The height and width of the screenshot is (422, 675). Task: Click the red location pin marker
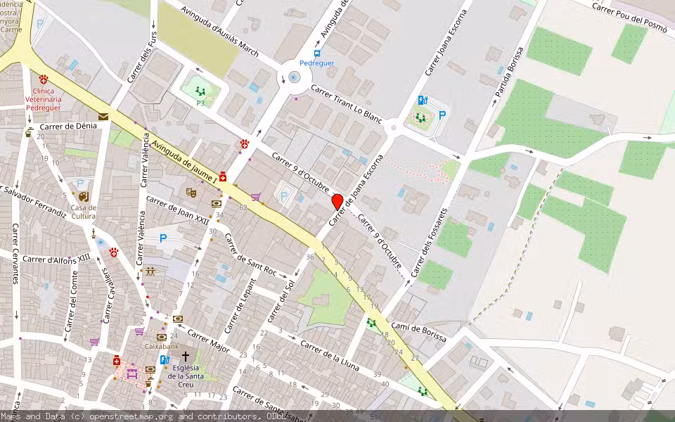[337, 202]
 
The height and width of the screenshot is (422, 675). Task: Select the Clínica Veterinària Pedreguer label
[44, 100]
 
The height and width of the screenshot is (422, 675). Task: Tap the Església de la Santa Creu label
[186, 371]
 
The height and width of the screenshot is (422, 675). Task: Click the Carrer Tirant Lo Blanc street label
[346, 106]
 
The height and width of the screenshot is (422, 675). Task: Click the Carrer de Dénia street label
[68, 127]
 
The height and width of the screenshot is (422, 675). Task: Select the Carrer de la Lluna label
[329, 356]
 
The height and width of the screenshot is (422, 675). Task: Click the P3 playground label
[200, 103]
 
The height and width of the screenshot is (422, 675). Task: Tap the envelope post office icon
[103, 117]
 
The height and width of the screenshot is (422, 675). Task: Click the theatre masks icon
[191, 192]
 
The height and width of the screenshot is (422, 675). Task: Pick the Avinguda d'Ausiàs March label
[219, 32]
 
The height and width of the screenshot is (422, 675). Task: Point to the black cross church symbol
[186, 357]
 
